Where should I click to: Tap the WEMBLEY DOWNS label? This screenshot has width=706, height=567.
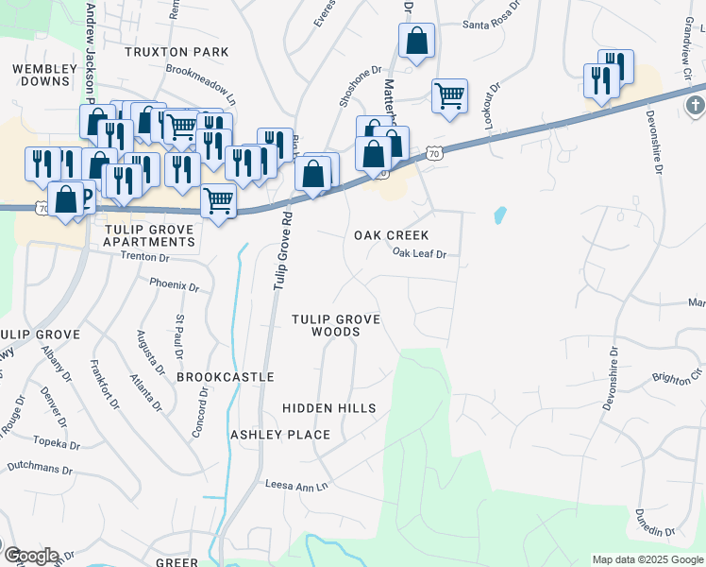coord(43,75)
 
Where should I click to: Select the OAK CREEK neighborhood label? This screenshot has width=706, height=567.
coord(391,235)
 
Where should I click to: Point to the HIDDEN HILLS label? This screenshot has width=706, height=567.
coord(329,408)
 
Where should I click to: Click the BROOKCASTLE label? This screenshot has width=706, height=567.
coord(225,377)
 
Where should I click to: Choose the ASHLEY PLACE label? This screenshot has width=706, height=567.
coord(280,435)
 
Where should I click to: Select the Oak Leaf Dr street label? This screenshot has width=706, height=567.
coord(419,253)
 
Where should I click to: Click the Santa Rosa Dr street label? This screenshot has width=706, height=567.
coord(493,26)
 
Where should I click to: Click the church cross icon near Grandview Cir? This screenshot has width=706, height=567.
coord(694,104)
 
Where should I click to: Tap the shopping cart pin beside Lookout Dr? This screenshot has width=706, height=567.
coord(449,94)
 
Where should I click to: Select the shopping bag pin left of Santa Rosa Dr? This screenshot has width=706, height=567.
coord(416,41)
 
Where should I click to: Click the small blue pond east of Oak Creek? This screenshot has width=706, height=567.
coord(499,215)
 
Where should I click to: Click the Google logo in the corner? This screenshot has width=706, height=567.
coord(30,556)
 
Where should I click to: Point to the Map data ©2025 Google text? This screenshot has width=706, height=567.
coord(647,559)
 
